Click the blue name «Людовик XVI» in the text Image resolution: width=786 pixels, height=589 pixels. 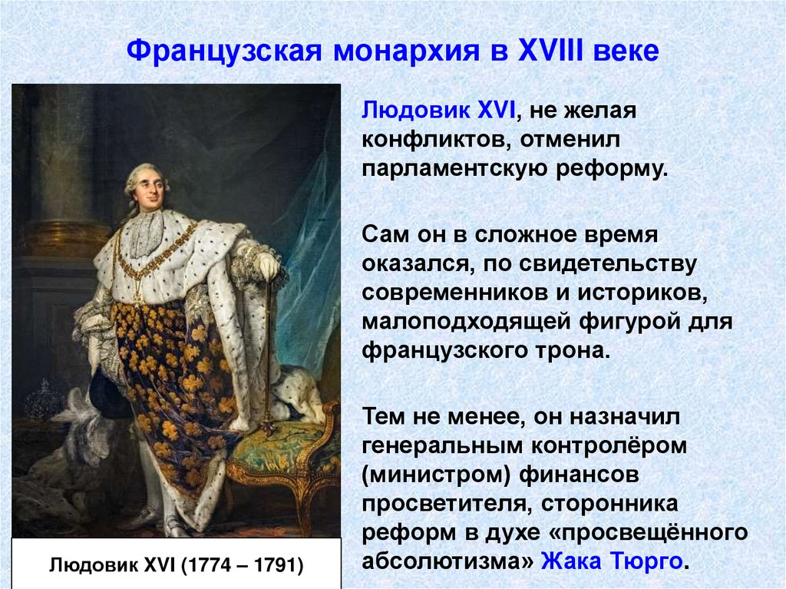tap(438, 111)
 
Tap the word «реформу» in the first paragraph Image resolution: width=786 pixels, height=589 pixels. tap(609, 168)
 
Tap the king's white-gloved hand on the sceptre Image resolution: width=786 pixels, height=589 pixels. tap(267, 266)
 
